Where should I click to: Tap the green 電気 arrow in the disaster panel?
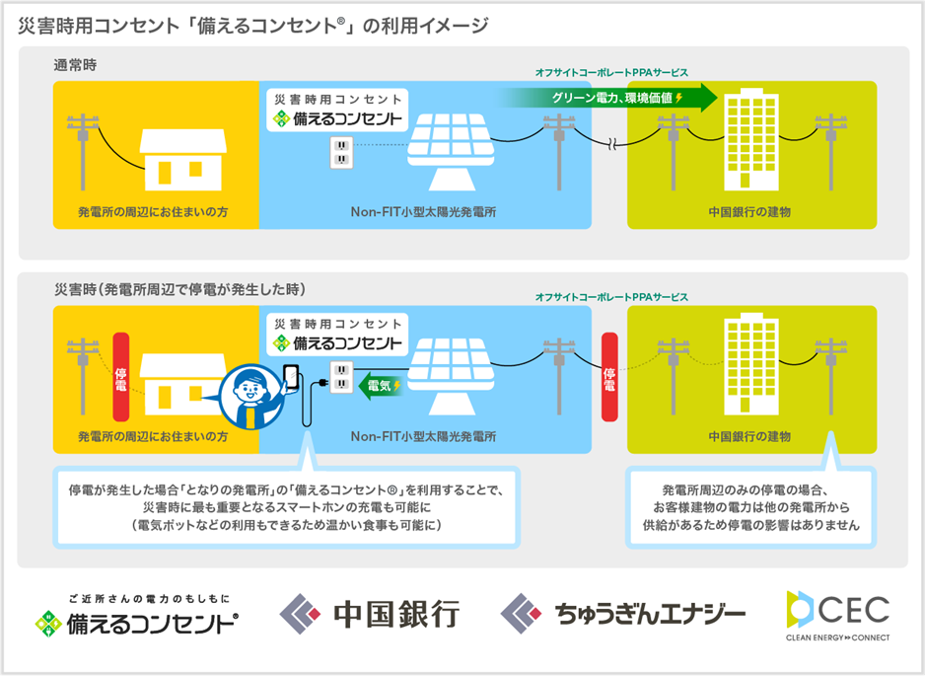click(380, 386)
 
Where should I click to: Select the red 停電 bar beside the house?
click(121, 377)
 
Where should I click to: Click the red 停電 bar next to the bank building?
click(609, 377)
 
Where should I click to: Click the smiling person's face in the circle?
click(249, 390)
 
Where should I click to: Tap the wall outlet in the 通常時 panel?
click(341, 152)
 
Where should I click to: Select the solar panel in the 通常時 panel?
click(452, 152)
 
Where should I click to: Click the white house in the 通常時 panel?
click(182, 160)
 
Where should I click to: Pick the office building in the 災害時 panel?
click(751, 366)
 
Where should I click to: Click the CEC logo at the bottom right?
click(838, 615)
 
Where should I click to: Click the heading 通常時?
click(75, 65)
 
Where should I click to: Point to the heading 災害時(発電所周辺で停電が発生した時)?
click(179, 289)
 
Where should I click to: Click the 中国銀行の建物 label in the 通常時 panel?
click(749, 212)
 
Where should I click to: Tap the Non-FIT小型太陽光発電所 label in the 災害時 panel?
click(423, 436)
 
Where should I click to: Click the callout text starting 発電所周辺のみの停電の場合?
click(750, 507)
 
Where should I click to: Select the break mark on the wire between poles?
click(612, 143)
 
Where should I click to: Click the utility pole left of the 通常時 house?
click(83, 152)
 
